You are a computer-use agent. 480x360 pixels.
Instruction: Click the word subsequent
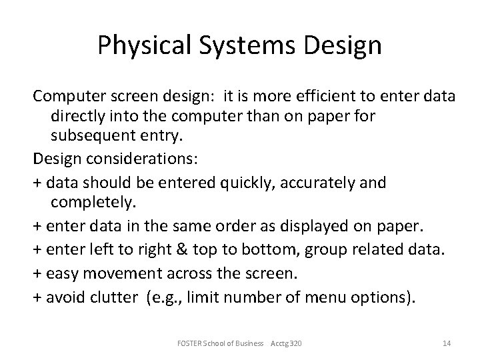coord(95,137)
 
